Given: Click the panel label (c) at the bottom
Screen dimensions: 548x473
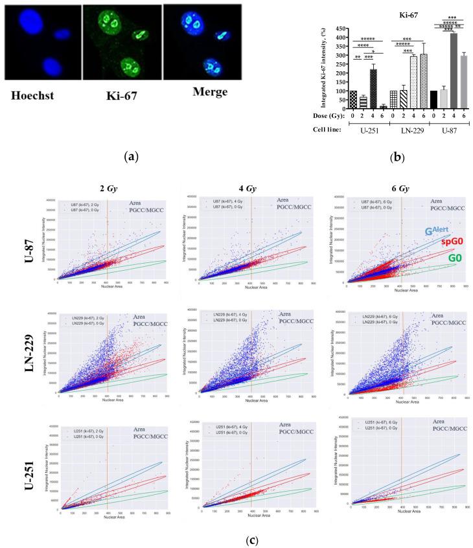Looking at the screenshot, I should click(x=237, y=535).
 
